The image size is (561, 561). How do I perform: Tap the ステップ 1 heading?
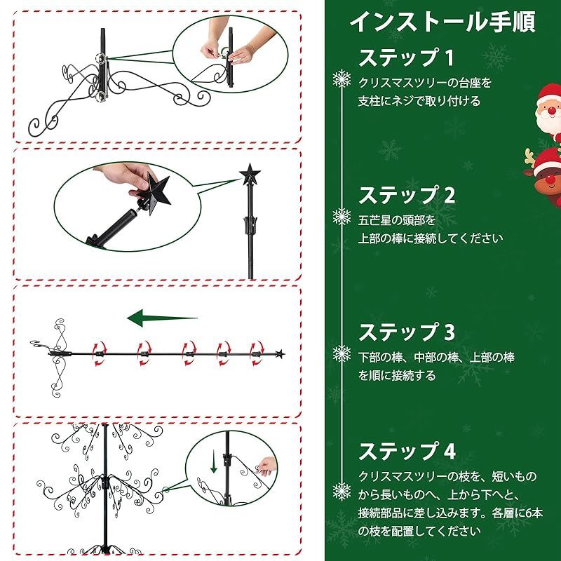click(x=407, y=57)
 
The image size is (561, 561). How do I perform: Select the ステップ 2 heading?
click(x=407, y=194)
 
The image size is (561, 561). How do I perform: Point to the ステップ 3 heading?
click(x=407, y=331)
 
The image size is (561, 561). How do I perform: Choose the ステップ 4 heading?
click(x=407, y=450)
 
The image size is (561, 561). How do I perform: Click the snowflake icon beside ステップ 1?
click(x=342, y=79)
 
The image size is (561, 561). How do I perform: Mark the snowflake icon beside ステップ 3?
click(x=342, y=353)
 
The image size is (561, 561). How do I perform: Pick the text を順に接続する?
click(x=397, y=375)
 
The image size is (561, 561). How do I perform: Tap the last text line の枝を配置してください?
click(x=419, y=530)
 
